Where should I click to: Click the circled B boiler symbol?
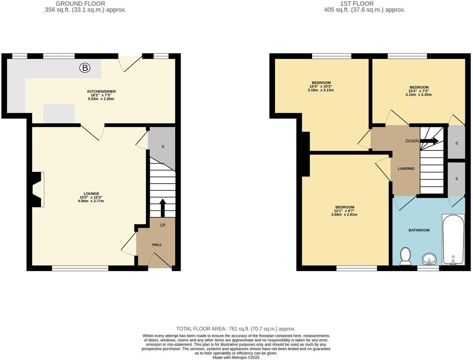[x=84, y=68]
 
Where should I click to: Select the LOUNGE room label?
[x=91, y=193]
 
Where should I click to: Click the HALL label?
[x=157, y=245]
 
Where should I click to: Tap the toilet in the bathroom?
[x=405, y=256]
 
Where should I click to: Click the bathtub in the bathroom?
[x=453, y=239]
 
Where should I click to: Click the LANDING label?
[x=406, y=169]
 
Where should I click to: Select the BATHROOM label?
[x=419, y=230]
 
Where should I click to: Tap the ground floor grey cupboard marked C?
[x=163, y=147]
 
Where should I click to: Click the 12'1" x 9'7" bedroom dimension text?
[x=344, y=211]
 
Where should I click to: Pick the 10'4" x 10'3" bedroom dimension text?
[x=321, y=86]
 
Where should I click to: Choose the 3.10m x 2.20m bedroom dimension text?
[x=419, y=95]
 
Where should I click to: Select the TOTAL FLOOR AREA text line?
[x=236, y=329]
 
